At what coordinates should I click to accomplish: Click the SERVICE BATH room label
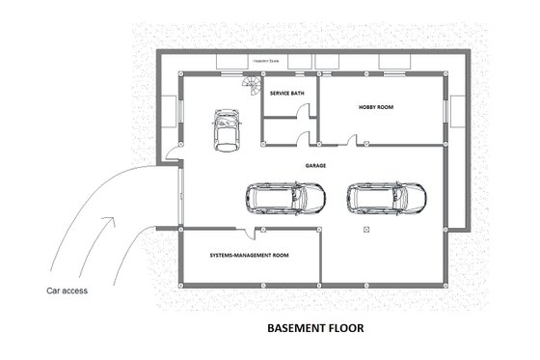[288, 95]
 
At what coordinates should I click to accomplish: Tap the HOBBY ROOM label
[377, 107]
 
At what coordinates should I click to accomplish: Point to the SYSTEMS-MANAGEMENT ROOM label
[250, 257]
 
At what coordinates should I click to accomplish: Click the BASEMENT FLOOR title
[315, 328]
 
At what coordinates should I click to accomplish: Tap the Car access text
[67, 290]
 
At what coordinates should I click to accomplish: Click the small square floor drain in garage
[367, 231]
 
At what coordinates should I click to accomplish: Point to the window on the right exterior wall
[448, 109]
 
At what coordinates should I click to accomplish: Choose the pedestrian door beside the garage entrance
[172, 152]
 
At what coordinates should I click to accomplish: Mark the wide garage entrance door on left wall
[179, 197]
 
